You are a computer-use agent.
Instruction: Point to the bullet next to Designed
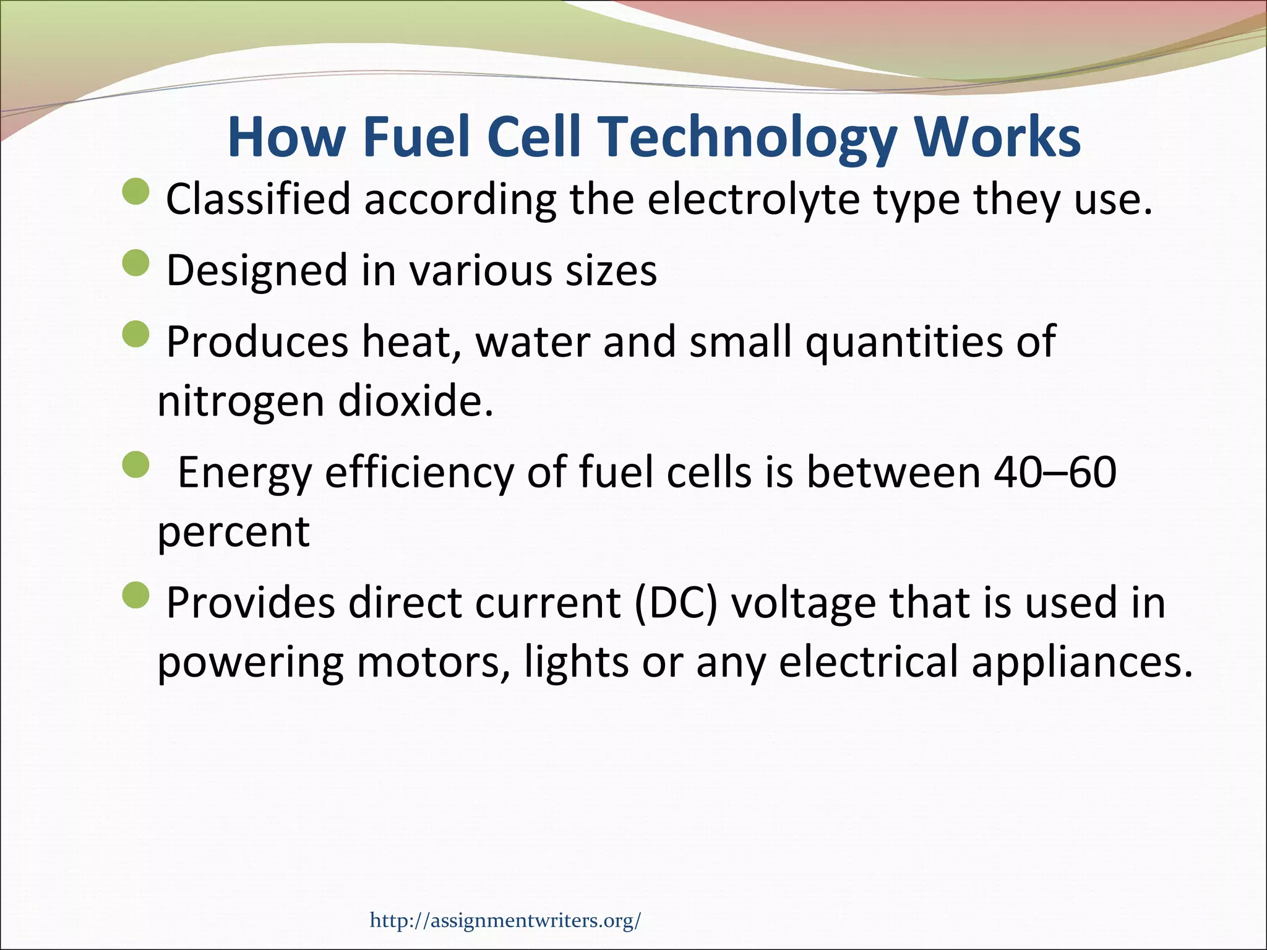point(136,262)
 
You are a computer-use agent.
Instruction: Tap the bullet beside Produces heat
point(136,334)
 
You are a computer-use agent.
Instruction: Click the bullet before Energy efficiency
point(136,464)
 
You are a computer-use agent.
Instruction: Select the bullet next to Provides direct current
point(136,595)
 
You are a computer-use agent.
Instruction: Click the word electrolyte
point(753,200)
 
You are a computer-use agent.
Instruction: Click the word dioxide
point(415,402)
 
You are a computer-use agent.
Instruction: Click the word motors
point(434,663)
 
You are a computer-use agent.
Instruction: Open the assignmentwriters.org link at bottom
point(505,920)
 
